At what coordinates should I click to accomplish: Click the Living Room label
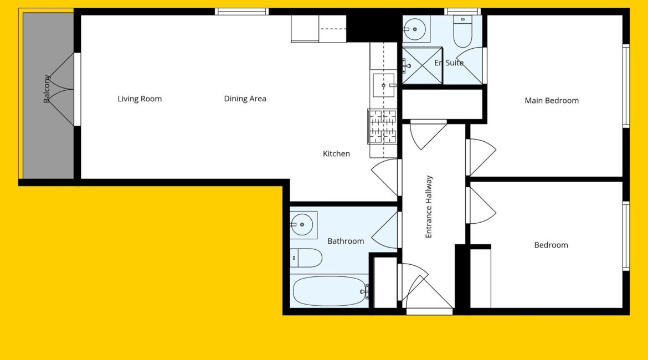[x=140, y=99]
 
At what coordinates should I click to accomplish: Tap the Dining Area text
[x=245, y=99]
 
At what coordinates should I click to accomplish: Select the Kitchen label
[x=336, y=154]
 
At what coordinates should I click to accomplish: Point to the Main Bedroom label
[x=552, y=100]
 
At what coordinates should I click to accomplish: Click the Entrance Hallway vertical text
[x=429, y=207]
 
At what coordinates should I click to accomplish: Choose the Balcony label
[x=47, y=89]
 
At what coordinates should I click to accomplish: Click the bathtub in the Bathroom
[x=330, y=291]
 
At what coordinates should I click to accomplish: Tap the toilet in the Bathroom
[x=306, y=258]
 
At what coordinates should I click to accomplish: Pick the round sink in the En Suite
[x=415, y=29]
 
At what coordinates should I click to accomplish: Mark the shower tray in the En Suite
[x=423, y=66]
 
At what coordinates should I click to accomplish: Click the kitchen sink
[x=383, y=85]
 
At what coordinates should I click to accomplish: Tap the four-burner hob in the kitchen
[x=382, y=126]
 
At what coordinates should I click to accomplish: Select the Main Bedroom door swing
[x=481, y=157]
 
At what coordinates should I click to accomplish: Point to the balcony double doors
[x=62, y=89]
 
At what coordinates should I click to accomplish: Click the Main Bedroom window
[x=626, y=85]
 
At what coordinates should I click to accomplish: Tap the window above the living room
[x=242, y=12]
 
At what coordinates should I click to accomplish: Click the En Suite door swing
[x=470, y=65]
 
